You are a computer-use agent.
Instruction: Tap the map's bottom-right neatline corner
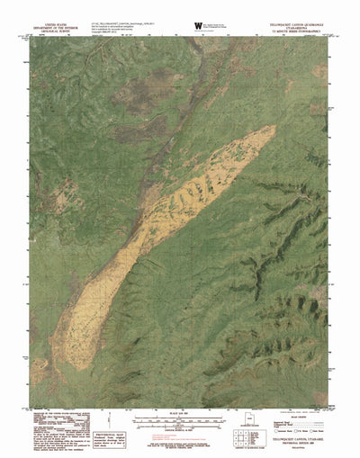click(331, 408)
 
